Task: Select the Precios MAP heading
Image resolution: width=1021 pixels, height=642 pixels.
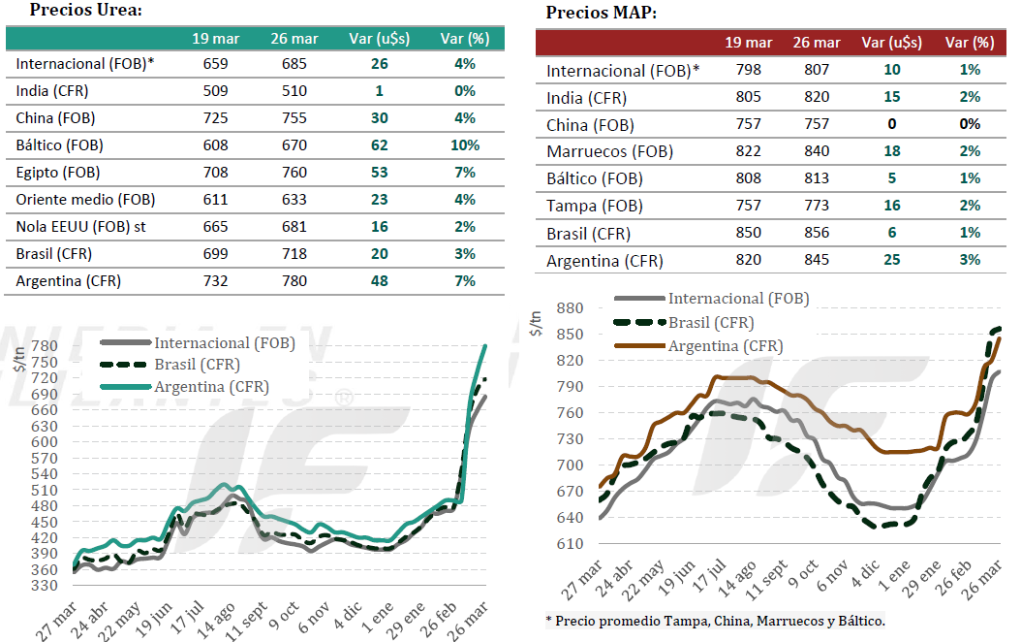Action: point(601,13)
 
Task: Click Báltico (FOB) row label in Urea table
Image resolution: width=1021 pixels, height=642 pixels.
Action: point(59,145)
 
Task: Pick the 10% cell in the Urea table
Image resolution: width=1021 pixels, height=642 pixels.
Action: point(465,145)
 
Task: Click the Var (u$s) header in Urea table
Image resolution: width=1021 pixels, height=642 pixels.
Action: point(379,39)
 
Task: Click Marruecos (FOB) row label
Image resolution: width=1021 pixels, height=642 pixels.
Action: point(609,151)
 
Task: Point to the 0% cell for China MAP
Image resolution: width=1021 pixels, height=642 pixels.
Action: point(970,124)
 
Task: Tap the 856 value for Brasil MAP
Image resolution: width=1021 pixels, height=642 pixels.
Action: point(817,233)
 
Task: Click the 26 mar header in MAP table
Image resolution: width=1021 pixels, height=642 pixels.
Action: point(817,43)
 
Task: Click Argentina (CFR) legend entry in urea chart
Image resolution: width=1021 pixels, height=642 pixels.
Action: point(211,386)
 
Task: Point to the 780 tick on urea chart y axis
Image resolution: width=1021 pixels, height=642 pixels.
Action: point(45,346)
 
